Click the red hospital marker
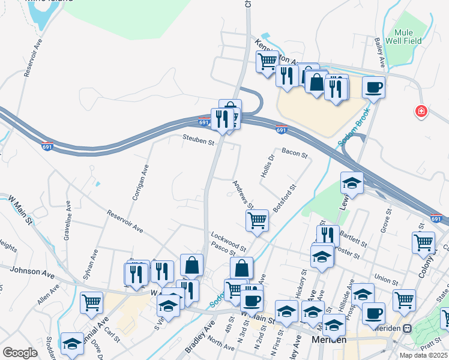[422, 111]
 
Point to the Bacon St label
[294, 154]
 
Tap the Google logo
[20, 353]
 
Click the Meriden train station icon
[407, 329]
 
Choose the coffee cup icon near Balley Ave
[373, 87]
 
